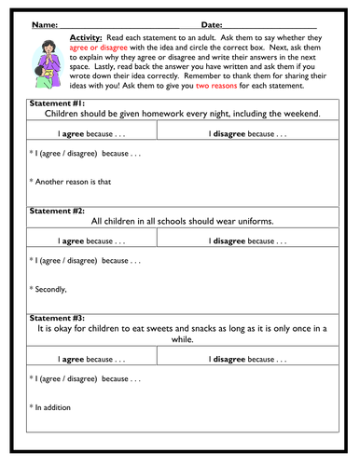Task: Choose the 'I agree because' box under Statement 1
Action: click(x=92, y=134)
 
